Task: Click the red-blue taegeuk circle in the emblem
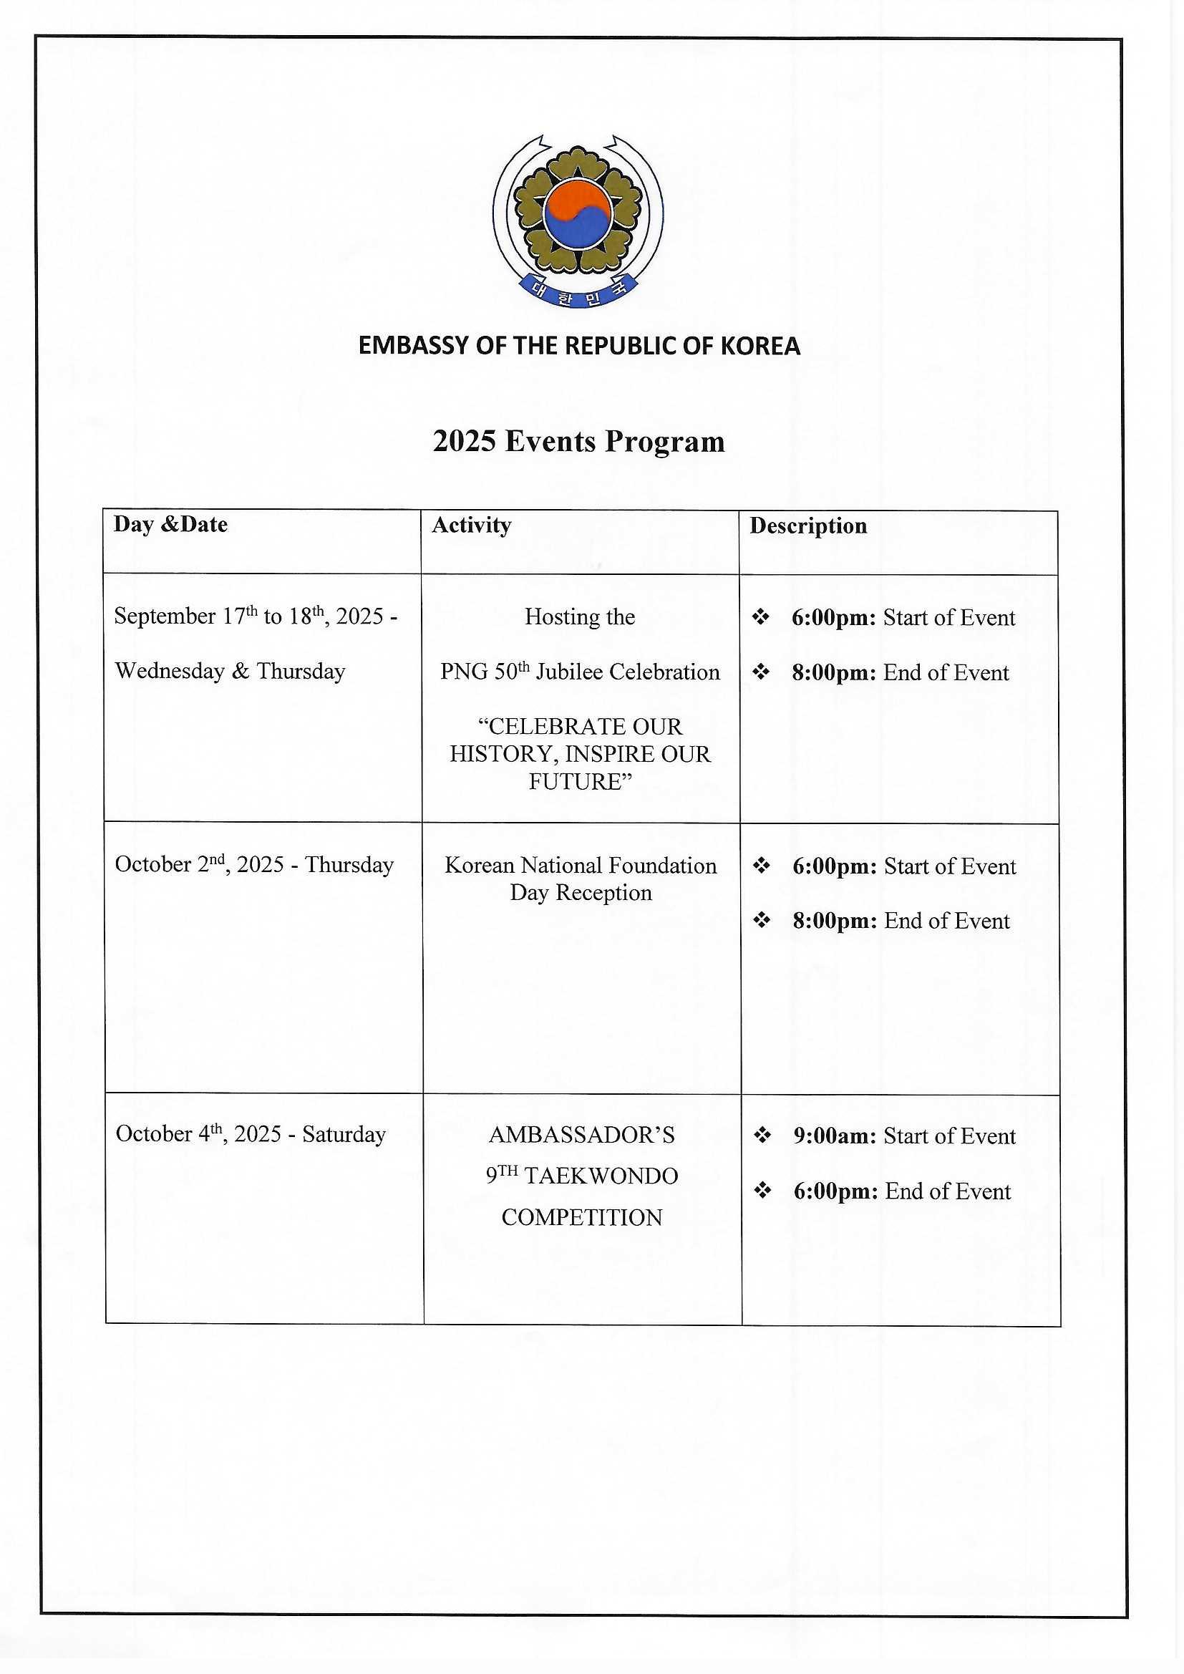577,213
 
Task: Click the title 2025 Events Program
579,442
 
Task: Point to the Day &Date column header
170,525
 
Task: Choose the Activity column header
471,526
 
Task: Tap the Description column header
807,526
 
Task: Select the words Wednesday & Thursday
230,672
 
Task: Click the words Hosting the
580,617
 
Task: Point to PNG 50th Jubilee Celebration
580,672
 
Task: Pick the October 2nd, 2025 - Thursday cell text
253,866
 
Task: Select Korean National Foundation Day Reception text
581,879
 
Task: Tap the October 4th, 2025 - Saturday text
250,1134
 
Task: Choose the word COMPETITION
582,1218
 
